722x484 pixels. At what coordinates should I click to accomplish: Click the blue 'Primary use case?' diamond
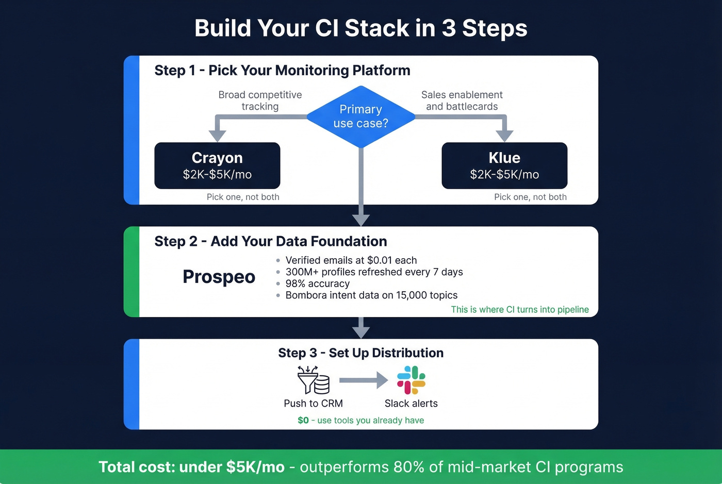360,116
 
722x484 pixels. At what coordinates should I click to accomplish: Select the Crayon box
217,165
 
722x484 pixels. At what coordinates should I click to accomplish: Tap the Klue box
504,165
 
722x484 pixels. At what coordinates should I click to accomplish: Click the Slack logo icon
411,380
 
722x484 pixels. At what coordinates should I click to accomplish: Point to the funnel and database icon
313,380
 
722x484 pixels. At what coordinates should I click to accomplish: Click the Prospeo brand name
219,277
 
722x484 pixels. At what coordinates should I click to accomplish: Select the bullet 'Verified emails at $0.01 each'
351,260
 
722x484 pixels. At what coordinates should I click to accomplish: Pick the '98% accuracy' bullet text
317,283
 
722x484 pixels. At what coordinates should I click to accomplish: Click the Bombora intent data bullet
371,295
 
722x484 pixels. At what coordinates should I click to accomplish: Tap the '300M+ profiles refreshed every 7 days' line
374,272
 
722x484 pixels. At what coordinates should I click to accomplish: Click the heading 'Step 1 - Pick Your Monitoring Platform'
282,70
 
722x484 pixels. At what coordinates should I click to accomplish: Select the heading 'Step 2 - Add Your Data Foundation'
271,241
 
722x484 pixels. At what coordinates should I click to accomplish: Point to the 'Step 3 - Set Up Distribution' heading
360,353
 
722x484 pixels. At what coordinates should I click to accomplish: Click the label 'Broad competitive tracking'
260,101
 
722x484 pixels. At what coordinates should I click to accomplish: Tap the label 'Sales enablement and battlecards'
462,101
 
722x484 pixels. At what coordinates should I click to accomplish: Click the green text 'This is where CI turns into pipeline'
519,309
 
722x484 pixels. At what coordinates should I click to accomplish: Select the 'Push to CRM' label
313,404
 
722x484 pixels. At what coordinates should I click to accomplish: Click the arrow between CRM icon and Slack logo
363,380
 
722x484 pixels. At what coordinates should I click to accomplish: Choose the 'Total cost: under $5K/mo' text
191,467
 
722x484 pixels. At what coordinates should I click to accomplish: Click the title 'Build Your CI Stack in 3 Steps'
360,28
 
